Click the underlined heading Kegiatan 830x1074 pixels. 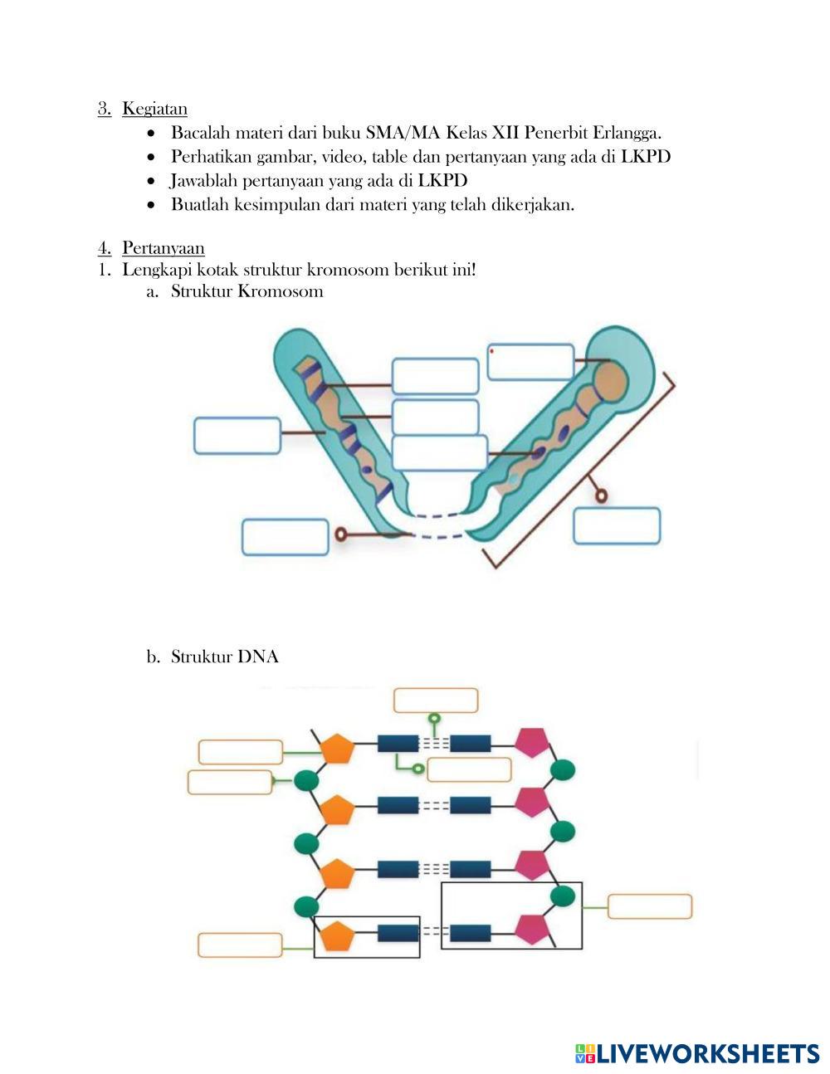coord(154,109)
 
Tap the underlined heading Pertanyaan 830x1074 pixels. coord(164,248)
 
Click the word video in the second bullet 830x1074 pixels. coord(342,157)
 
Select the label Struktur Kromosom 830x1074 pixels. coord(247,291)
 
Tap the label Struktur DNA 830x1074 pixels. coord(224,657)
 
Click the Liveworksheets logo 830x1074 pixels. coord(697,1054)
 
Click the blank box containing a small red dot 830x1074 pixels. coord(530,361)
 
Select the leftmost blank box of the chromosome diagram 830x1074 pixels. coord(237,436)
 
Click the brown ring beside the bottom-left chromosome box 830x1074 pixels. coord(340,535)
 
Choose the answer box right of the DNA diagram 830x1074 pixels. coord(649,906)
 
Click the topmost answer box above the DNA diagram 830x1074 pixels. coord(436,701)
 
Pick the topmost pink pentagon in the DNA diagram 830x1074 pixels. coord(532,743)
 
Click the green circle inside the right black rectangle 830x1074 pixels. coord(563,896)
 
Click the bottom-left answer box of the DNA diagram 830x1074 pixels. coord(240,945)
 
